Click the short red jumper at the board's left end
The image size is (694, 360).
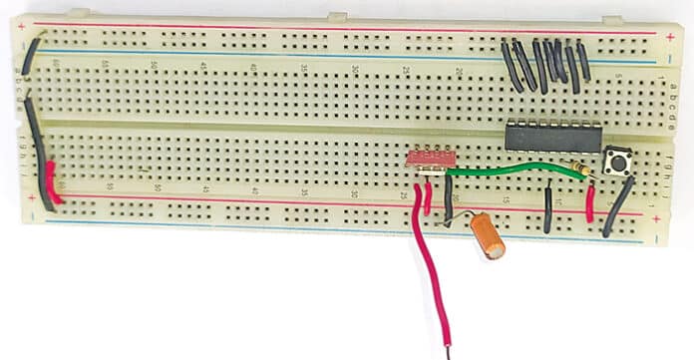53,183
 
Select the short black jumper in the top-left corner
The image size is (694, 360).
32,55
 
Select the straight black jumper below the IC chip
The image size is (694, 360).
548,209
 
